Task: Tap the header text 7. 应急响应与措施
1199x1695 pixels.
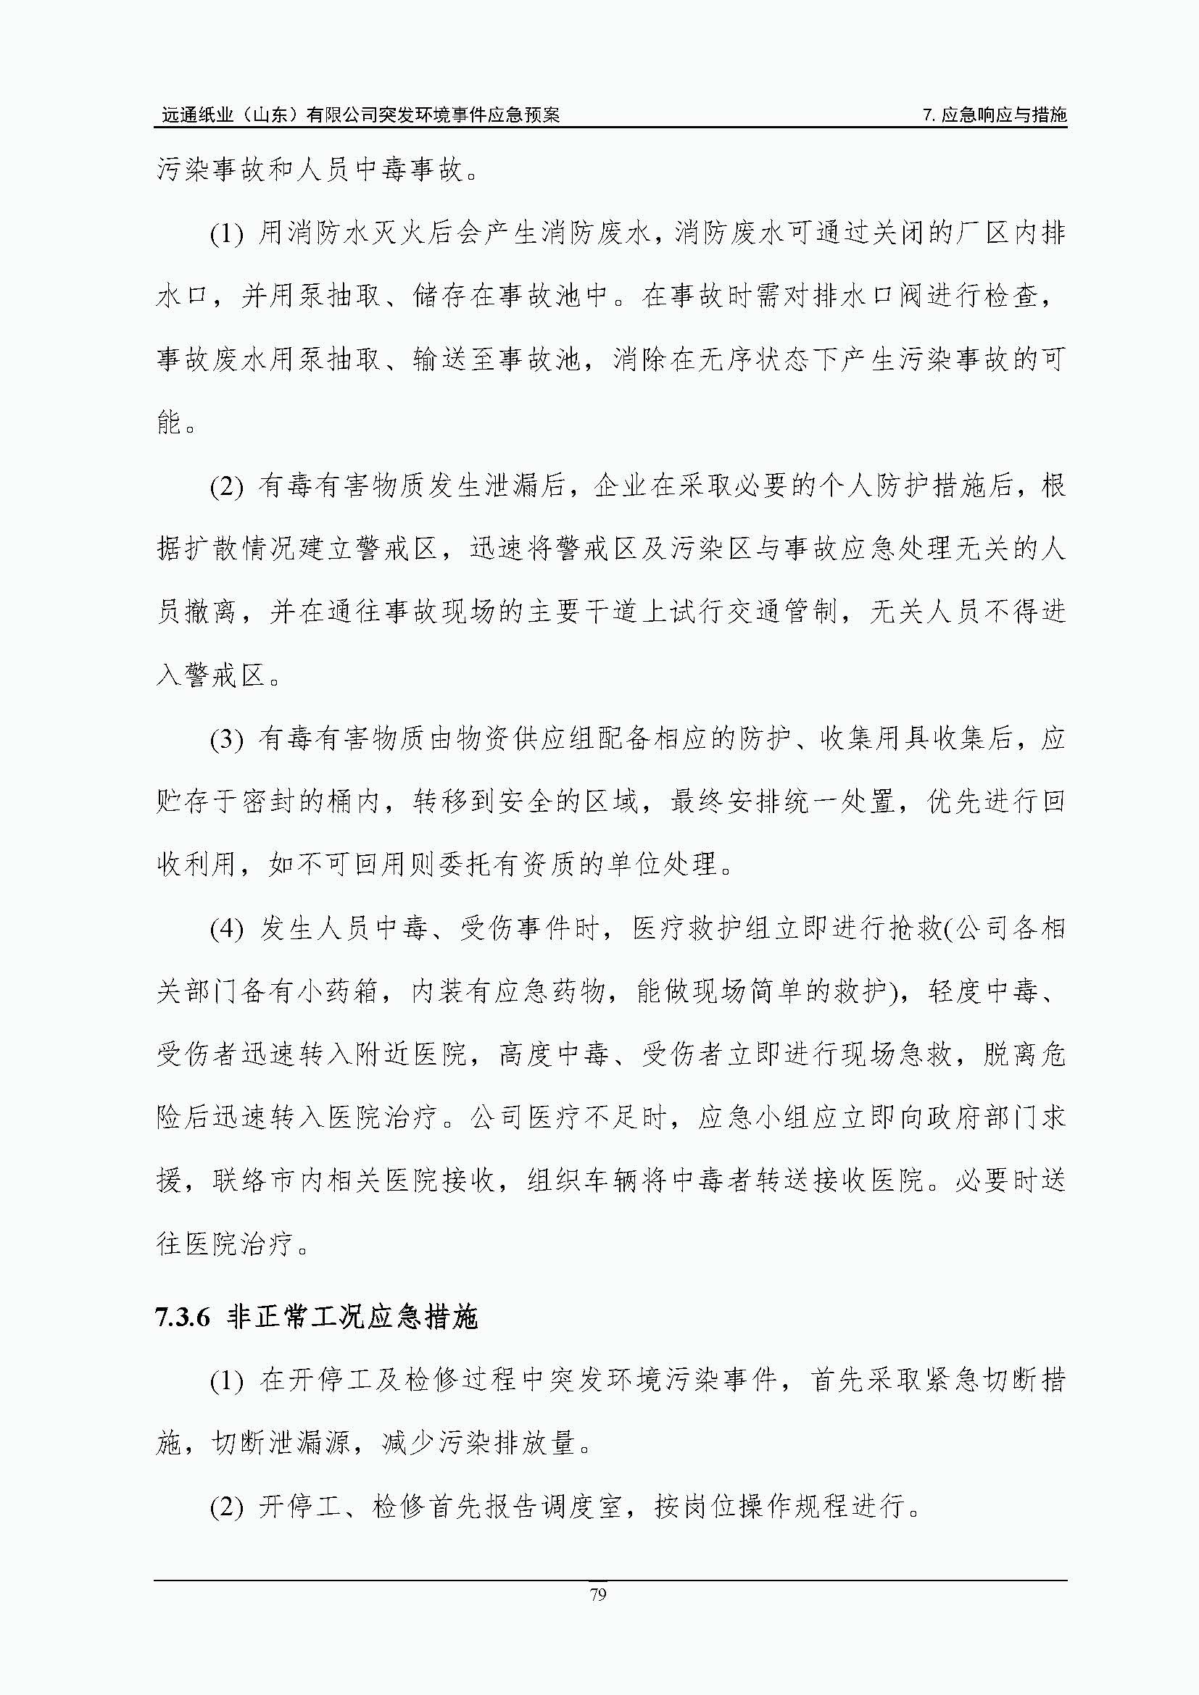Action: coord(995,115)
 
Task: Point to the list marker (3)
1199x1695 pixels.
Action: coord(227,739)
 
